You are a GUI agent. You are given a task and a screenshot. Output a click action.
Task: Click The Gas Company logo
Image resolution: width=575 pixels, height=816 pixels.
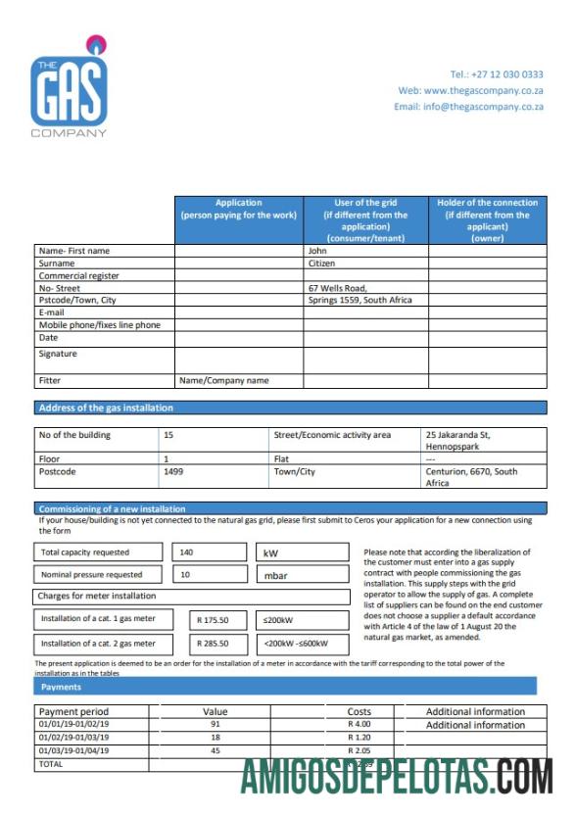(x=69, y=89)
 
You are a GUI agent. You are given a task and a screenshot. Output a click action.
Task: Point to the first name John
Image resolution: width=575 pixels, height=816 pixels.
(x=318, y=251)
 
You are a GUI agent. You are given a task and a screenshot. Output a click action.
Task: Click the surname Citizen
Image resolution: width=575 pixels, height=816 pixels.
(x=322, y=264)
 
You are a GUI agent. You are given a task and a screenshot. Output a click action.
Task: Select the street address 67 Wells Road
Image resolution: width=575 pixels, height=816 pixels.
(x=337, y=288)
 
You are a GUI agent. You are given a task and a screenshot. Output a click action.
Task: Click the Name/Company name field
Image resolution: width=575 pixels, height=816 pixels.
(x=223, y=380)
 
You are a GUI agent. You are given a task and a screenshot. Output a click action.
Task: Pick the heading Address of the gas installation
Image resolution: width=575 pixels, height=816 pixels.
(x=106, y=408)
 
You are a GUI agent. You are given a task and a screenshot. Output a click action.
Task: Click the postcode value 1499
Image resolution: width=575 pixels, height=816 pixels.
(x=173, y=471)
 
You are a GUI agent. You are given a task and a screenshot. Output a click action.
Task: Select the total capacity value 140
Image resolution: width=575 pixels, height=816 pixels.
(x=187, y=552)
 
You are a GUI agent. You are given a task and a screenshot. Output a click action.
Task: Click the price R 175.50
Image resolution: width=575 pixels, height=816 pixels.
(x=213, y=619)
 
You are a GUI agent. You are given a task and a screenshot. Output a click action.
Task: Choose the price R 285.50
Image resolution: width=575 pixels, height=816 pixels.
(x=213, y=644)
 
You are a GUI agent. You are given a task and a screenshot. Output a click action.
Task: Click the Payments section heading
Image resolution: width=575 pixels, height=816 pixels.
(x=61, y=687)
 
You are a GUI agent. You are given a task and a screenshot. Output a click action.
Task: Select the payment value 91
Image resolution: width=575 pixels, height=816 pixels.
(x=215, y=725)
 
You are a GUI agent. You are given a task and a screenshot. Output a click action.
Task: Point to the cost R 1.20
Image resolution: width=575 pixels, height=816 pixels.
(x=359, y=738)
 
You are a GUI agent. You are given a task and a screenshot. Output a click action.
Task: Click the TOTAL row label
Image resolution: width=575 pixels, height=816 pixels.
(x=50, y=763)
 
